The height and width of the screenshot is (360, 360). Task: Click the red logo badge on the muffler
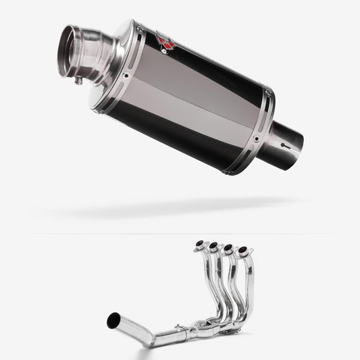click(166, 43)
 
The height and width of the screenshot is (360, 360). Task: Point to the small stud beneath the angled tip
click(78, 81)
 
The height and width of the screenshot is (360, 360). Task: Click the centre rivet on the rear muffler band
click(257, 140)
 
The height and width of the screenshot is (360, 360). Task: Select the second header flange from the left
click(213, 246)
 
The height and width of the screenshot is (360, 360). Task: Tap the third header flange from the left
click(228, 249)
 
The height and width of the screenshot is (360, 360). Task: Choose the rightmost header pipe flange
click(242, 251)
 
